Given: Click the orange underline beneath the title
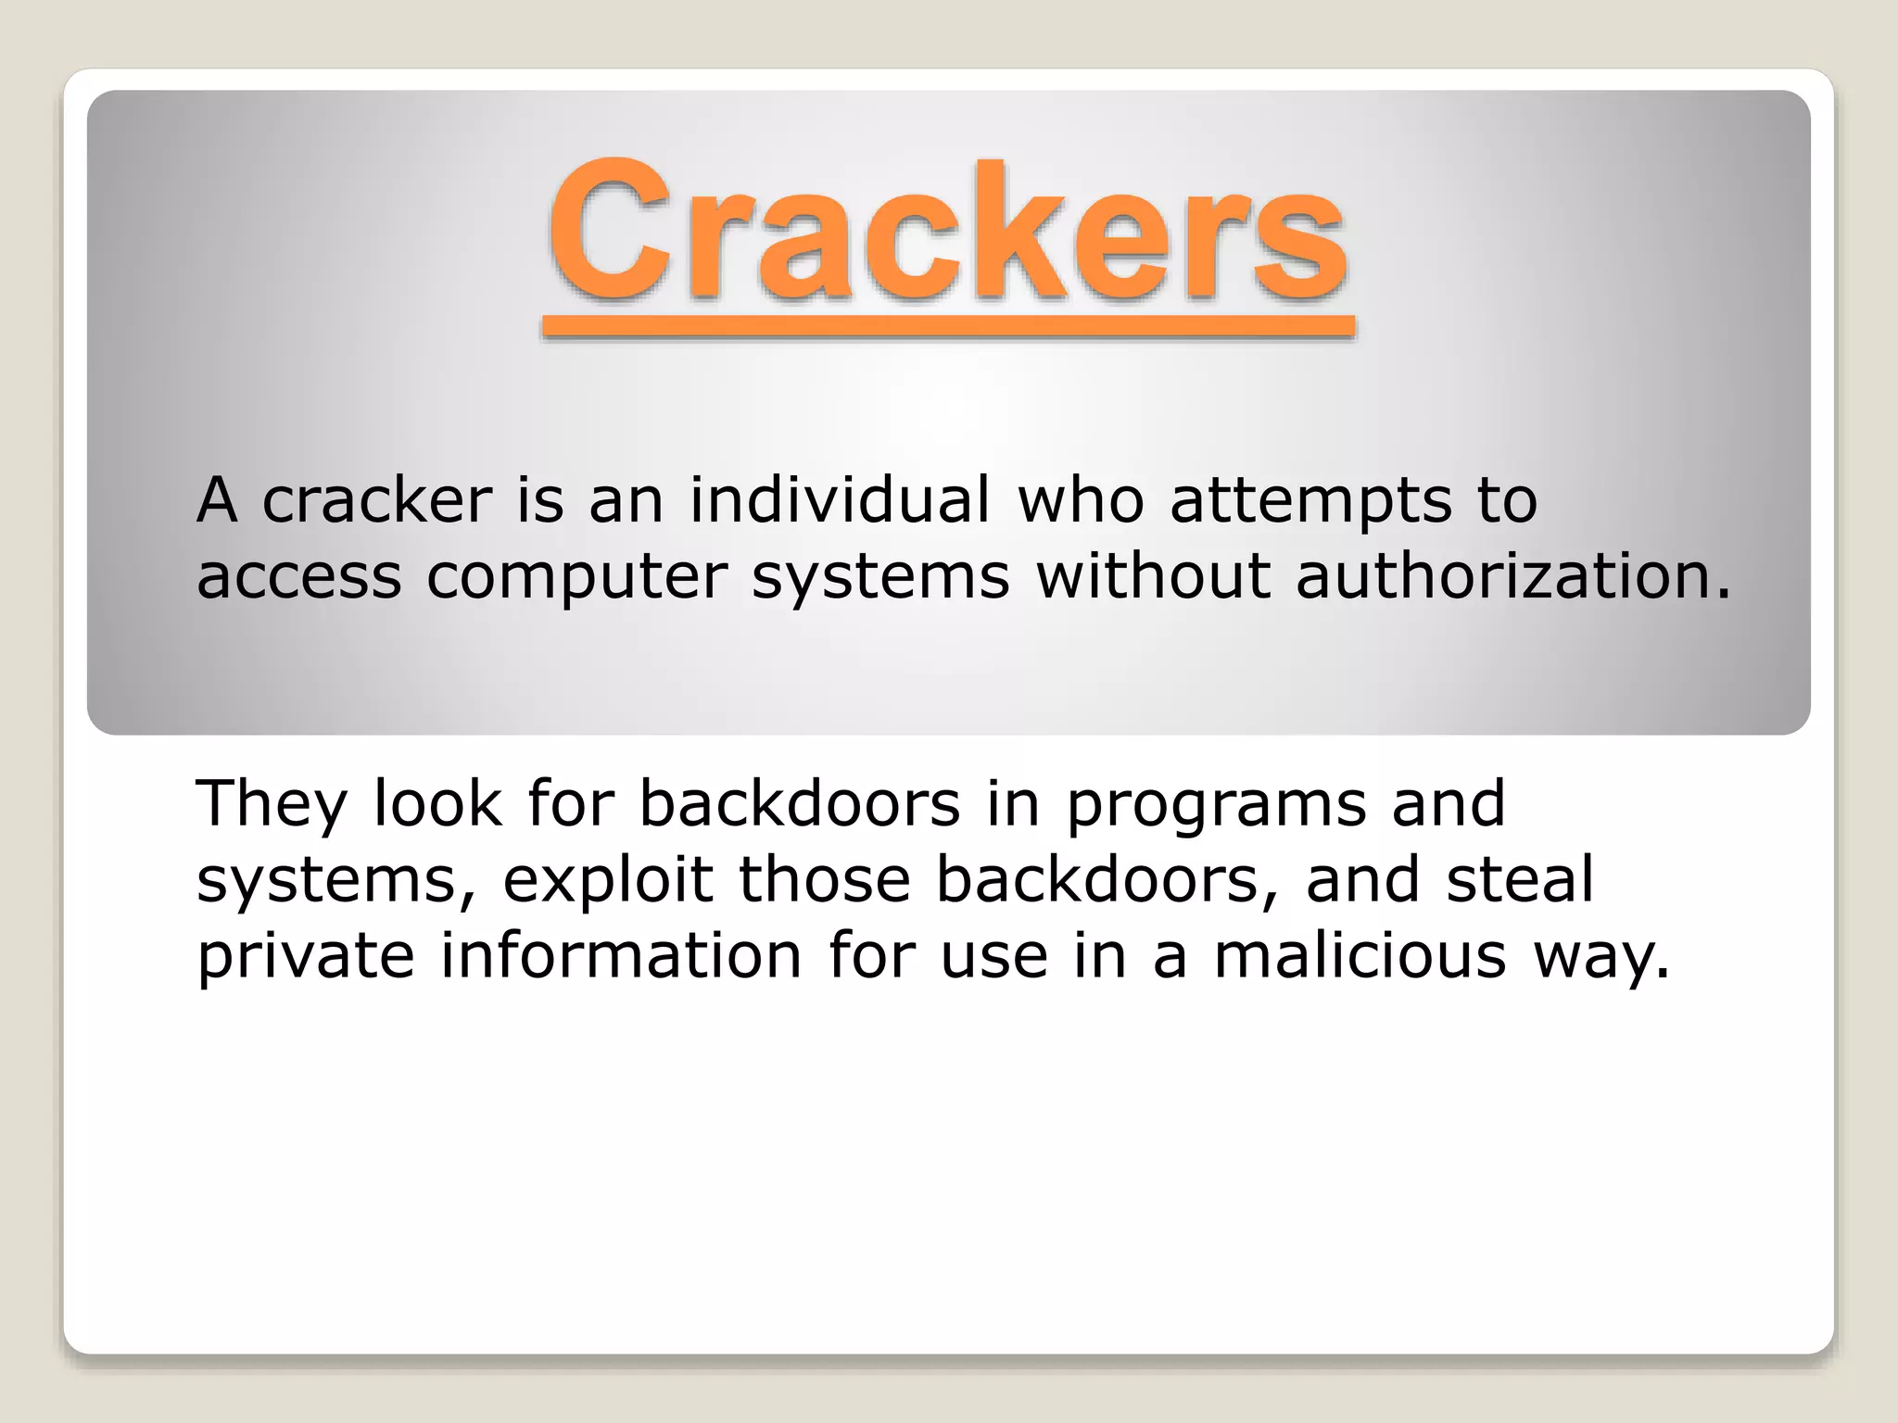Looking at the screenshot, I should pyautogui.click(x=947, y=325).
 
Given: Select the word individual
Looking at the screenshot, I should pyautogui.click(x=840, y=500).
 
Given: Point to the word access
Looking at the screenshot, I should pyautogui.click(x=298, y=577).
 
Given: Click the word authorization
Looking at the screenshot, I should pyautogui.click(x=1512, y=576).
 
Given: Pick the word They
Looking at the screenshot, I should pyautogui.click(x=271, y=804).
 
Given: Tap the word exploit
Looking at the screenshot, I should pyautogui.click(x=608, y=880).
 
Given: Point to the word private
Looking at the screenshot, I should pyautogui.click(x=305, y=957).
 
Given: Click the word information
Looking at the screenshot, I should pyautogui.click(x=621, y=955).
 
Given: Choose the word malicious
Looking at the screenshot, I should pyautogui.click(x=1360, y=955).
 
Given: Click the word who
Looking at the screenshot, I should pyautogui.click(x=1081, y=500).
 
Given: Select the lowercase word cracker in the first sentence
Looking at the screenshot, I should pyautogui.click(x=376, y=500).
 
